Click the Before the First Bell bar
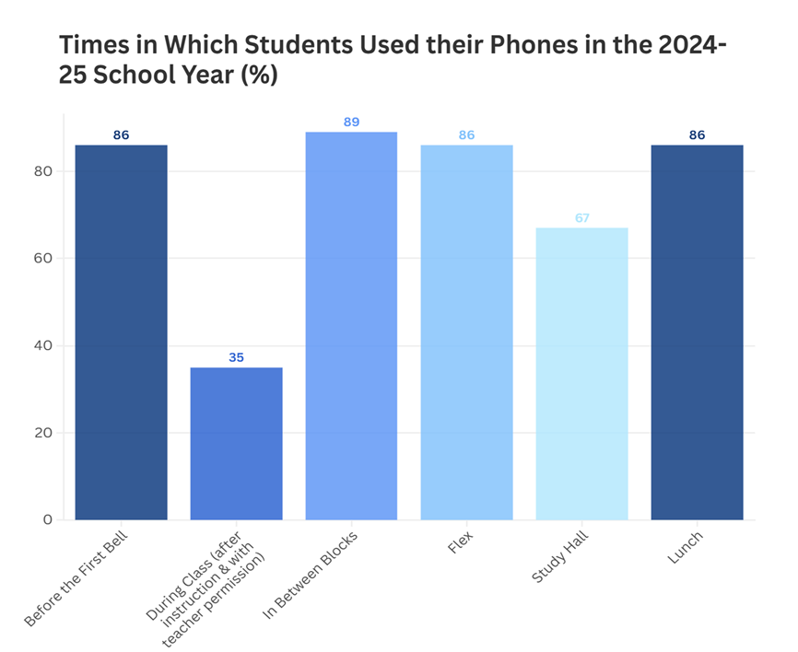pyautogui.click(x=121, y=332)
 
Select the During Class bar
pyautogui.click(x=236, y=443)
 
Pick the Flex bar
pyautogui.click(x=466, y=332)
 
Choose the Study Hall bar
pyautogui.click(x=581, y=373)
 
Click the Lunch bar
pyautogui.click(x=697, y=332)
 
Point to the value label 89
pyautogui.click(x=351, y=122)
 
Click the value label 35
pyautogui.click(x=236, y=357)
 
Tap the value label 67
pyautogui.click(x=581, y=217)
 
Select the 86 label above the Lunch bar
pyautogui.click(x=697, y=135)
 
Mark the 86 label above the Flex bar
pyautogui.click(x=466, y=135)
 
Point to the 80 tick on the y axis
pyautogui.click(x=44, y=171)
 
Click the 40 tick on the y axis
pyautogui.click(x=44, y=346)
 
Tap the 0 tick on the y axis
pyautogui.click(x=48, y=520)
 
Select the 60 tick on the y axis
pyautogui.click(x=44, y=259)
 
